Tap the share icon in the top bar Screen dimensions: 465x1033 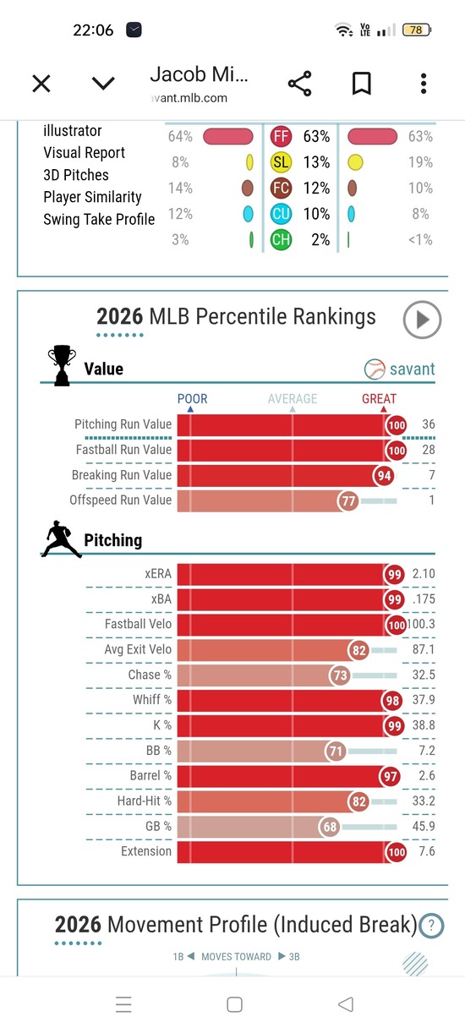click(300, 84)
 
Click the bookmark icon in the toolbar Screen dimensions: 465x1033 click(362, 84)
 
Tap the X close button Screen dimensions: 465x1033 click(41, 84)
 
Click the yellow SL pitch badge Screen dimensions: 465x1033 click(281, 162)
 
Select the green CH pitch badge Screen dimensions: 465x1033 click(281, 240)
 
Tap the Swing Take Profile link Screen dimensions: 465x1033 click(99, 219)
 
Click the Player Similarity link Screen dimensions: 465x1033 click(92, 197)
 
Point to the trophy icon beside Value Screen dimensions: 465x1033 click(63, 365)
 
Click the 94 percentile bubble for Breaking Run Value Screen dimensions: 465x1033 click(384, 475)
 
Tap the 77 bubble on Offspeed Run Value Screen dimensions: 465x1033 click(348, 500)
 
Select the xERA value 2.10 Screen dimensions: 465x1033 click(424, 574)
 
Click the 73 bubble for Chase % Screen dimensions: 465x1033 click(340, 675)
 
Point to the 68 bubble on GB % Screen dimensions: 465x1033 click(330, 827)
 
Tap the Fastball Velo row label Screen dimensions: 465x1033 click(138, 624)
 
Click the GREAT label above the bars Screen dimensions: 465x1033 click(380, 398)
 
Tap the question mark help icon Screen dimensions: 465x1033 click(432, 926)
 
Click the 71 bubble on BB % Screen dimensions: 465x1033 click(336, 752)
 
